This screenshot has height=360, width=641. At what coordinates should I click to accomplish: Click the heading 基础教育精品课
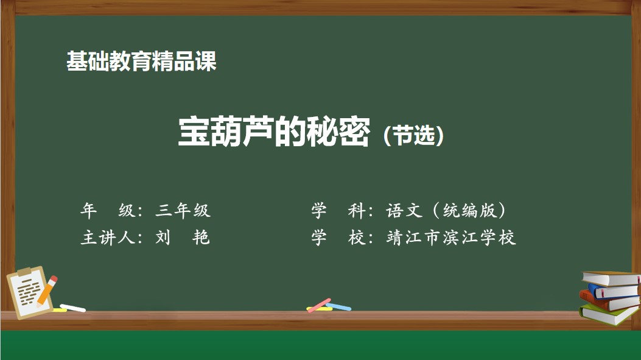click(141, 62)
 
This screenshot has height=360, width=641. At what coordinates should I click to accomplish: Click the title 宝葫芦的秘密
click(275, 132)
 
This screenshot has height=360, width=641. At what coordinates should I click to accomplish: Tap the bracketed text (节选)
click(414, 135)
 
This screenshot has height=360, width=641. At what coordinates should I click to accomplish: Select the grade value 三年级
click(183, 211)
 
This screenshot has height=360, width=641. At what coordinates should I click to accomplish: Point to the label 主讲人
click(108, 238)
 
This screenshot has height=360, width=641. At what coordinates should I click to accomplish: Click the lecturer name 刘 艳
click(183, 238)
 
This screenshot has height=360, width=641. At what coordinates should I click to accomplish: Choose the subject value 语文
click(404, 211)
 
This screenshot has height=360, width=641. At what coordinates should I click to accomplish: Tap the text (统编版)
click(469, 211)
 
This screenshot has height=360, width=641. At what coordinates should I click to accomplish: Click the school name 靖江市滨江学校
click(451, 238)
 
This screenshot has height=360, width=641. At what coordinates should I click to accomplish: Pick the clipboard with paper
click(29, 292)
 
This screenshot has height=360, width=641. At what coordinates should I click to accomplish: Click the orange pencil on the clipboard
click(47, 291)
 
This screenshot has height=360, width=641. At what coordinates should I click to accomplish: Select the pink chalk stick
click(319, 305)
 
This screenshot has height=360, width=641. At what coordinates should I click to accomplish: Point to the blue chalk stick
click(338, 307)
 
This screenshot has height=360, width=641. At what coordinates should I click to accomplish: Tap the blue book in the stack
click(613, 291)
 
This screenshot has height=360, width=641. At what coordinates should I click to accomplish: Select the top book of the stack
click(611, 278)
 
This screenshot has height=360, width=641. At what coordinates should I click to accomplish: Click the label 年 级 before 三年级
click(107, 211)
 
